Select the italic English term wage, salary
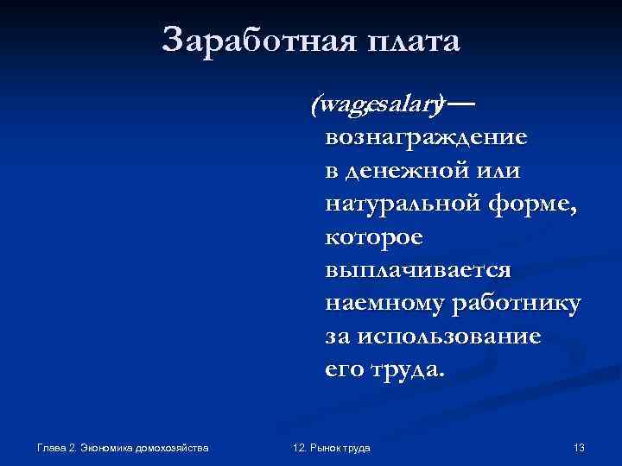378,105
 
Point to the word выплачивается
418,270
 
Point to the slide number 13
579,448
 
